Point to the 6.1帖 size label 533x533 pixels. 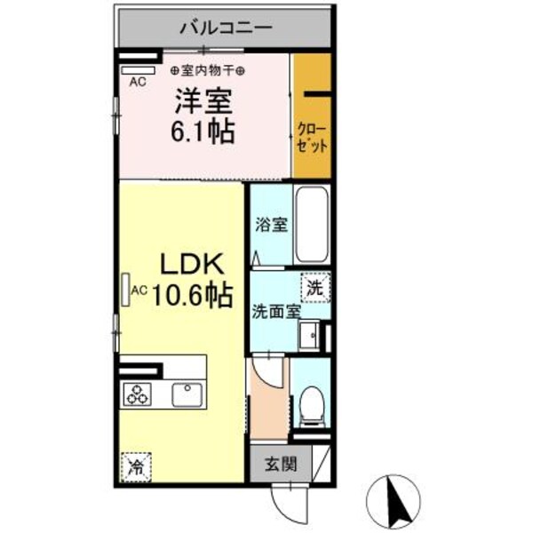tap(203, 134)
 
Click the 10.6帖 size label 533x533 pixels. tap(195, 293)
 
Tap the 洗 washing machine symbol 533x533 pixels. tap(314, 287)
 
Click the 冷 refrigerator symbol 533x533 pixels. tap(136, 465)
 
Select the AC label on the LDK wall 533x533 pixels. tap(139, 290)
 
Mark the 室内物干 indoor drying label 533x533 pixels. tap(208, 69)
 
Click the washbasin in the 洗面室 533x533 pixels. tap(309, 337)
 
